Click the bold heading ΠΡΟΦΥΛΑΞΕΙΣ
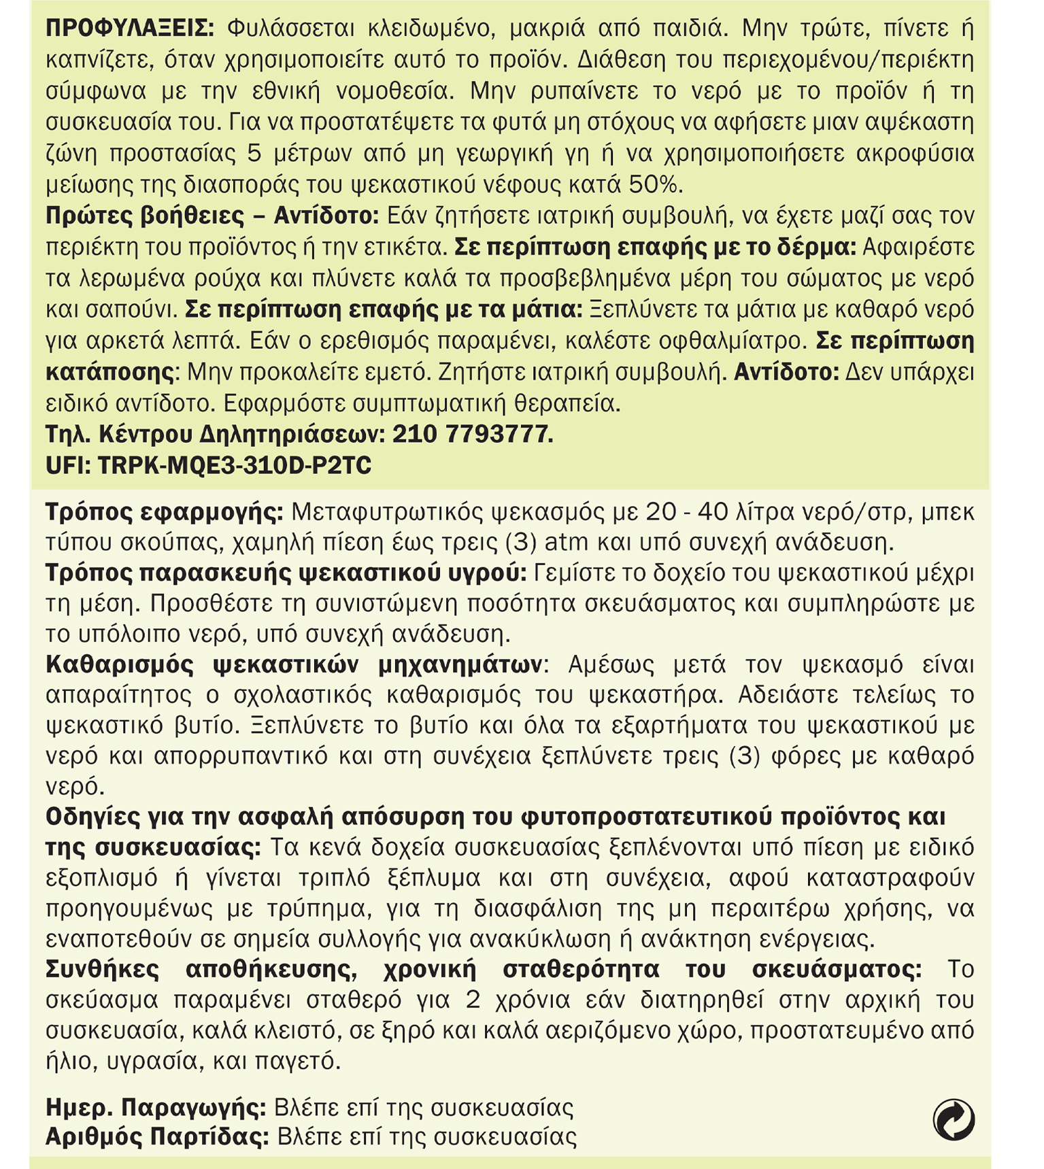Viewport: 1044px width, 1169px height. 130,29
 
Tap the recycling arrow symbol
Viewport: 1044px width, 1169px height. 954,1120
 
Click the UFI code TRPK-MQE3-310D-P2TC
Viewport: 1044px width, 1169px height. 235,465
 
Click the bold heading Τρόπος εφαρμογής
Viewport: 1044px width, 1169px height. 164,512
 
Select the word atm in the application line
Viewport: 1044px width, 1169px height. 561,543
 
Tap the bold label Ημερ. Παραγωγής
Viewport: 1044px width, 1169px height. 156,1108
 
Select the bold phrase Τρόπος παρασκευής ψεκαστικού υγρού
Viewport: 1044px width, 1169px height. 286,573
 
